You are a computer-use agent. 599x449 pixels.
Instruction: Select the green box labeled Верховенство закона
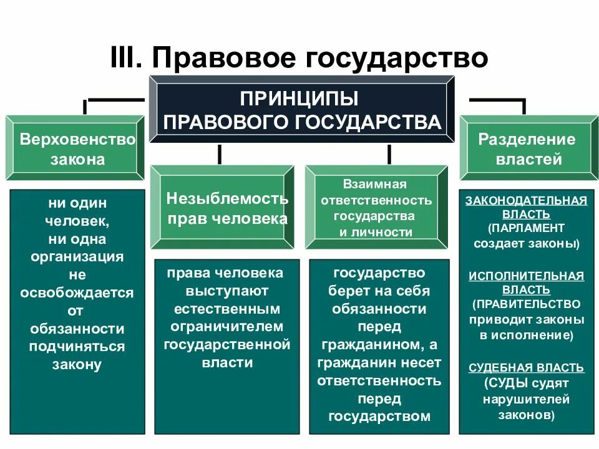pyautogui.click(x=77, y=148)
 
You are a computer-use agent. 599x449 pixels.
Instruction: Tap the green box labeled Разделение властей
pyautogui.click(x=528, y=148)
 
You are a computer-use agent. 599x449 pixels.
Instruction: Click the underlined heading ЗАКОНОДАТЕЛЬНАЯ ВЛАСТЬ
pyautogui.click(x=526, y=206)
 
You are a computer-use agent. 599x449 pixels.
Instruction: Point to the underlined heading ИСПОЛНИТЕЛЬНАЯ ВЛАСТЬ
pyautogui.click(x=526, y=282)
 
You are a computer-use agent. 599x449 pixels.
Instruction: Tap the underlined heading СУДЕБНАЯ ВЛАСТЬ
pyautogui.click(x=526, y=367)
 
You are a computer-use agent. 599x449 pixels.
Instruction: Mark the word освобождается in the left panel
pyautogui.click(x=77, y=292)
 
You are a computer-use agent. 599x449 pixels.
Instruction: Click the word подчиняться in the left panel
pyautogui.click(x=77, y=347)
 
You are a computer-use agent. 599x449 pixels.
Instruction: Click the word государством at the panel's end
pyautogui.click(x=379, y=417)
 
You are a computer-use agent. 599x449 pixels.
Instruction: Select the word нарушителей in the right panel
pyautogui.click(x=526, y=399)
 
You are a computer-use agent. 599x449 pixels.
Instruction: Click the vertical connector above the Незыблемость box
pyautogui.click(x=219, y=154)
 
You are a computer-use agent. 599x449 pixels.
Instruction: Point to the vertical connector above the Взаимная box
pyautogui.click(x=389, y=154)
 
